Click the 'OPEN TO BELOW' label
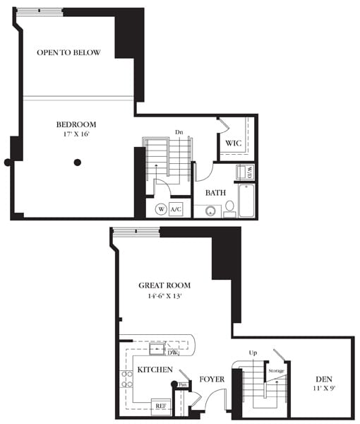(x=68, y=53)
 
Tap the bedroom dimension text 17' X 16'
(x=76, y=134)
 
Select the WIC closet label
(x=233, y=143)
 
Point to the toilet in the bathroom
(x=229, y=207)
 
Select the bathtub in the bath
(x=246, y=200)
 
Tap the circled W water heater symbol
(x=160, y=209)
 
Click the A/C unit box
(x=176, y=209)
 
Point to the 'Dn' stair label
(x=179, y=132)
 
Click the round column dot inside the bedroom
(x=78, y=163)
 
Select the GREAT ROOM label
(x=164, y=285)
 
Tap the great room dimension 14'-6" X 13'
(x=164, y=297)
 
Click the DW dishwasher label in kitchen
(x=173, y=352)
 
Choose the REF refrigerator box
(x=160, y=406)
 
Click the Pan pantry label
(x=182, y=385)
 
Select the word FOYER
(x=211, y=379)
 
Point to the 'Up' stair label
(x=252, y=352)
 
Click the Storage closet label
(x=275, y=370)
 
